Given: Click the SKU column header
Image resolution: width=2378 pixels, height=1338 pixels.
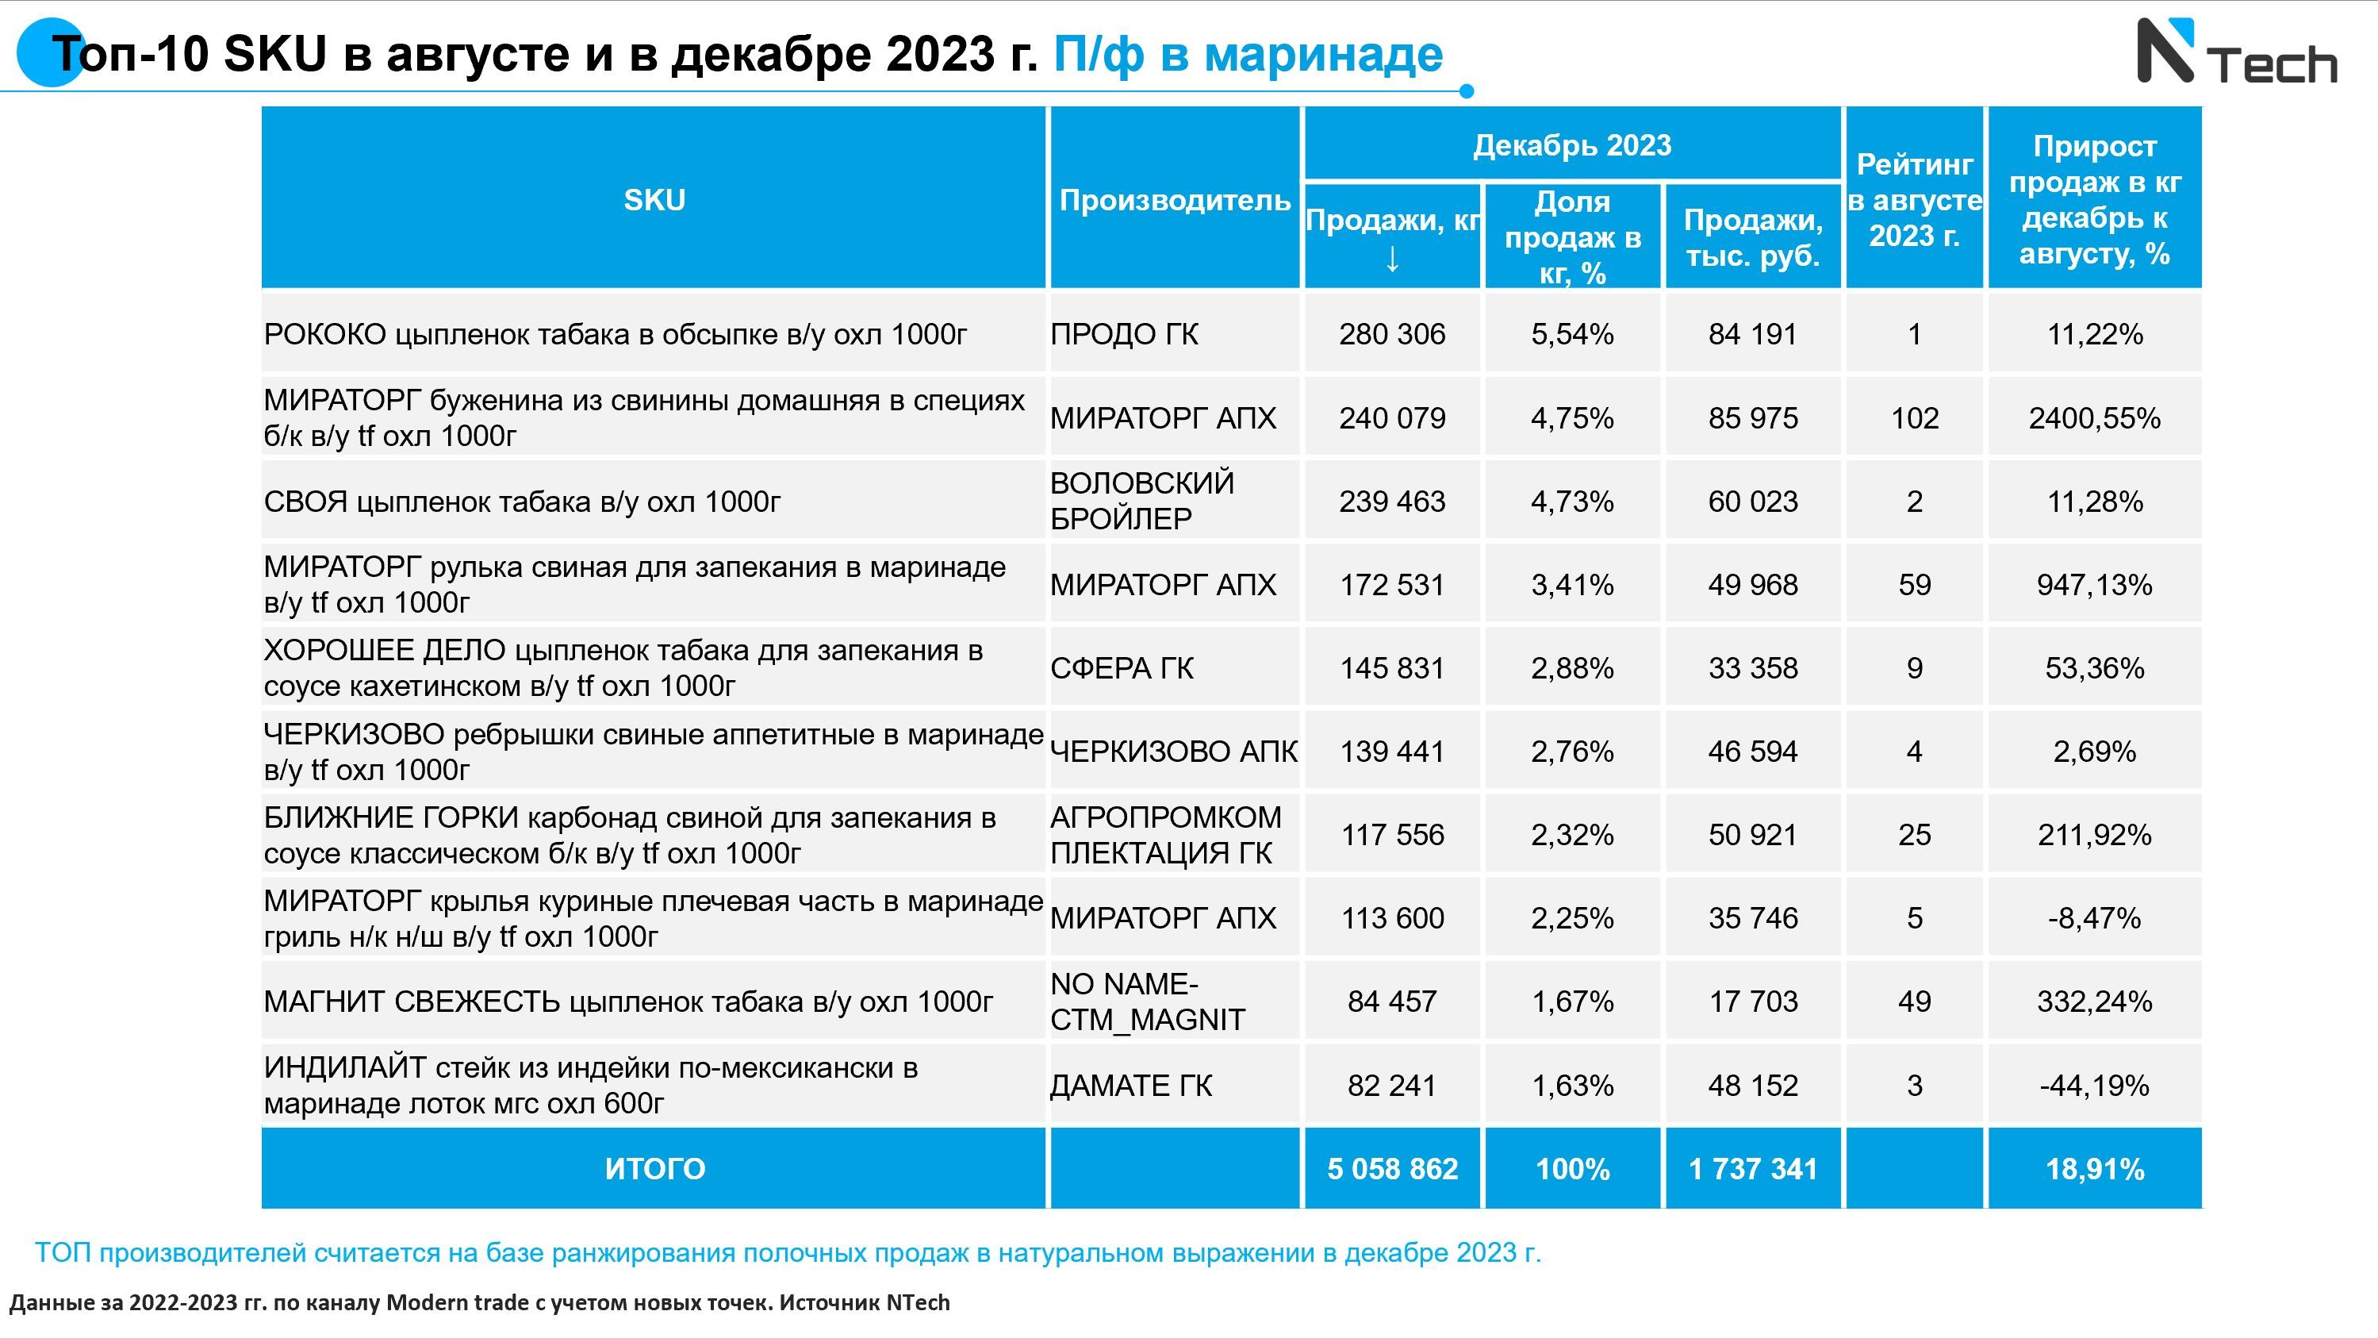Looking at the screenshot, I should pyautogui.click(x=654, y=199).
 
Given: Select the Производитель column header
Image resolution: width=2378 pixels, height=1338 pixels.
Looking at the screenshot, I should pyautogui.click(x=1174, y=199).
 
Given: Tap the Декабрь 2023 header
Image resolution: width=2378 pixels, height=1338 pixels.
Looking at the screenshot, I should pyautogui.click(x=1571, y=145).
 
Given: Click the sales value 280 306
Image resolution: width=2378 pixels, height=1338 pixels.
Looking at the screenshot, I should pyautogui.click(x=1392, y=334).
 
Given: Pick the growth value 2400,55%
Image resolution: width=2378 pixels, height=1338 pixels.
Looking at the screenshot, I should pyautogui.click(x=2094, y=418).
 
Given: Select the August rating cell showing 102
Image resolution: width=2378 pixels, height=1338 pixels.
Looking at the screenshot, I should pyautogui.click(x=1914, y=418).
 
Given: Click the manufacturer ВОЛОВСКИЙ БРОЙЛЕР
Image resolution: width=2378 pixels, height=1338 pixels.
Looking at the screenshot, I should pyautogui.click(x=1142, y=502).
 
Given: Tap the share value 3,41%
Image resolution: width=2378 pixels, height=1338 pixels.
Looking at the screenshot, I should pyautogui.click(x=1572, y=585).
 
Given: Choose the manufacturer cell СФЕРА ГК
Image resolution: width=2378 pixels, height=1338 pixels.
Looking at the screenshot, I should pyautogui.click(x=1122, y=667).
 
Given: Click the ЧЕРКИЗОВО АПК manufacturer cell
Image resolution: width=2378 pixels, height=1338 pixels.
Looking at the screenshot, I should pyautogui.click(x=1173, y=752).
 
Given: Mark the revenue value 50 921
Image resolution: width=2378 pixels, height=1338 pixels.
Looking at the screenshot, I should pyautogui.click(x=1752, y=835).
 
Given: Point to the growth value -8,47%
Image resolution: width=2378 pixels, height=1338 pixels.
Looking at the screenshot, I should pyautogui.click(x=2094, y=918).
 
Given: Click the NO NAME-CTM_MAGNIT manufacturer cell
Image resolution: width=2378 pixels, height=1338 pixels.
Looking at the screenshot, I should pyautogui.click(x=1148, y=1002).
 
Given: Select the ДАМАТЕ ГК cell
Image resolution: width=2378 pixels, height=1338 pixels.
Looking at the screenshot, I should pyautogui.click(x=1131, y=1085).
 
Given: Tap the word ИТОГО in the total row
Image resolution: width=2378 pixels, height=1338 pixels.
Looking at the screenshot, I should pyautogui.click(x=654, y=1169).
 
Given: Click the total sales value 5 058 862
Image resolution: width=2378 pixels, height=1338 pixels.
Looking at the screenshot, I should pyautogui.click(x=1392, y=1169).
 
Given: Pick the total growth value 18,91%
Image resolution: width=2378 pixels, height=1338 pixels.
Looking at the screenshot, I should pyautogui.click(x=2094, y=1169).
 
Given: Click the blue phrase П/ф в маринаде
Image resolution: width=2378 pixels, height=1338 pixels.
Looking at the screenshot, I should pyautogui.click(x=1248, y=53).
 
